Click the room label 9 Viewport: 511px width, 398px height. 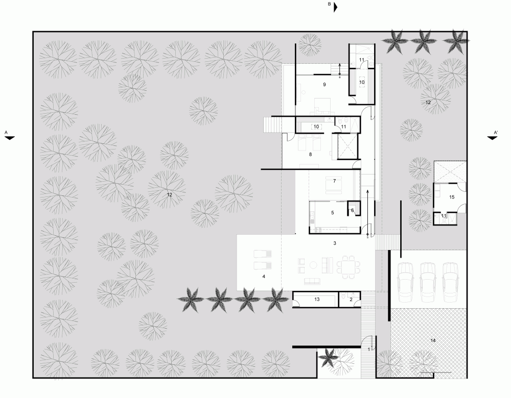(324, 85)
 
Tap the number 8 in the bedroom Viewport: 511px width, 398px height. (310, 155)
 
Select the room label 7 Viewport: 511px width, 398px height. (334, 181)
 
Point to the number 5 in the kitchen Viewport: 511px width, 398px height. (333, 213)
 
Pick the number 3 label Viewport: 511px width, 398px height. (334, 243)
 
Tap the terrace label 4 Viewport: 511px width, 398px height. (264, 277)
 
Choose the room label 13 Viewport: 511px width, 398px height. (317, 300)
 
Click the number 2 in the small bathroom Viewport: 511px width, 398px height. (351, 300)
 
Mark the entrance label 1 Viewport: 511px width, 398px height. (369, 350)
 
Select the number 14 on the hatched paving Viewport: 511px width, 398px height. (433, 340)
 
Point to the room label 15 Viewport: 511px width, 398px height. (452, 197)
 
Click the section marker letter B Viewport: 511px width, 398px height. (330, 4)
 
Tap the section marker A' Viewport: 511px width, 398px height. (496, 133)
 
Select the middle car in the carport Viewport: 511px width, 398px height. (428, 282)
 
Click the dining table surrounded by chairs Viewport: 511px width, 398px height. (348, 267)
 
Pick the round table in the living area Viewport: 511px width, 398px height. (314, 265)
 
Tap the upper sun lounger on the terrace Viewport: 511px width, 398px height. (262, 254)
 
